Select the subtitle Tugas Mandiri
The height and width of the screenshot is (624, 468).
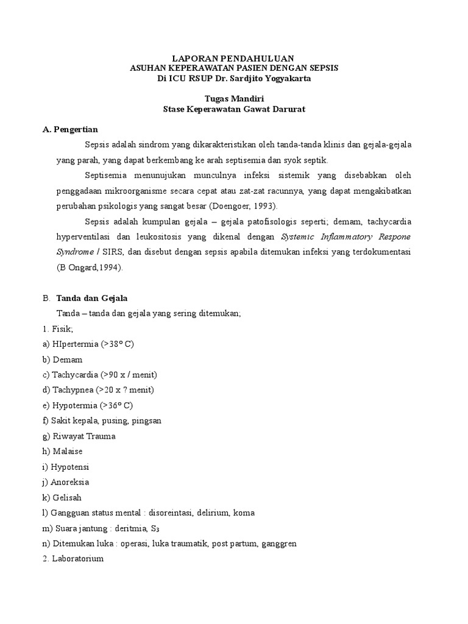pos(233,99)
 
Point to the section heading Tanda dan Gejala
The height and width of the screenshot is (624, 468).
pos(91,298)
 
